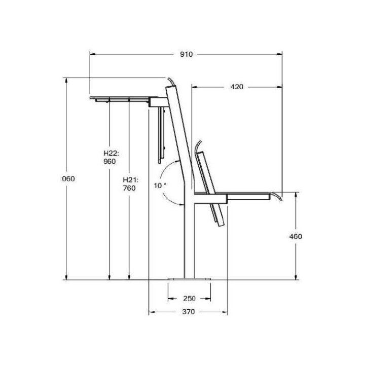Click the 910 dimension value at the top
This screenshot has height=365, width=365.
186,54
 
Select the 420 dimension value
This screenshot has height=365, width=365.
237,87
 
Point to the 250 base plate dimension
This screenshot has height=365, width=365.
189,298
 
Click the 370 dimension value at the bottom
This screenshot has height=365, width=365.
188,312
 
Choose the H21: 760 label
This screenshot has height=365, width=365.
130,184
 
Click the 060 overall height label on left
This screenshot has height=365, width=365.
68,179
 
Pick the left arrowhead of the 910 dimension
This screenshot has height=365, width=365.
93,54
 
